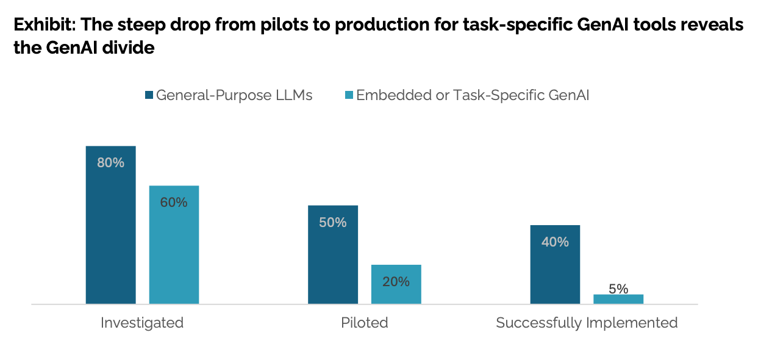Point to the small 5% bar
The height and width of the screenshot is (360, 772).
[x=618, y=299]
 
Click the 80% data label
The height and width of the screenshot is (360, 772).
[x=110, y=163]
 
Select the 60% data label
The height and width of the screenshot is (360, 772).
[x=174, y=203]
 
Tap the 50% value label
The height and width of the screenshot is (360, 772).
[x=332, y=223]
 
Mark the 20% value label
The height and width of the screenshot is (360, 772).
[x=396, y=282]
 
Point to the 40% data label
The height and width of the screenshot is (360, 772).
[x=555, y=242]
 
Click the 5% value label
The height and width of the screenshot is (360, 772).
[x=618, y=289]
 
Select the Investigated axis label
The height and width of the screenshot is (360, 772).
[x=142, y=323]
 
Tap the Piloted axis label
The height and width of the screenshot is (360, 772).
[x=365, y=323]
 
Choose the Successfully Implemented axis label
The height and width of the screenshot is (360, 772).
[x=587, y=323]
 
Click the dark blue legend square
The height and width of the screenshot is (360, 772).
[x=149, y=95]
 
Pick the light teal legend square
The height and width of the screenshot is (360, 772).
[x=349, y=95]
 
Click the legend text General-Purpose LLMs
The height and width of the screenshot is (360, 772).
[x=234, y=95]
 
